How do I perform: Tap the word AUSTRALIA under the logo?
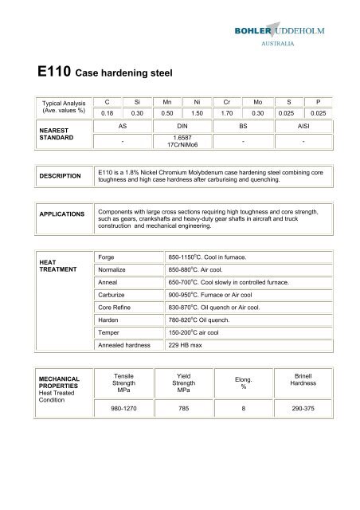click(x=308, y=45)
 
